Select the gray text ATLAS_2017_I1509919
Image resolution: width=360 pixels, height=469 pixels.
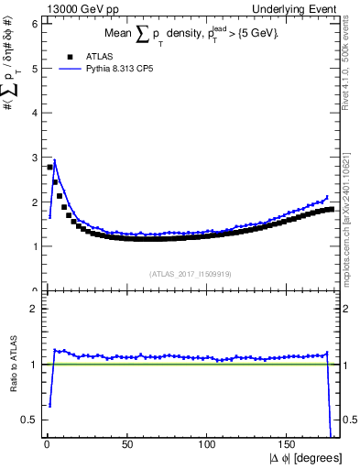click(x=190, y=273)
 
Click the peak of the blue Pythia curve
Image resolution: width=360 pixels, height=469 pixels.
click(x=54, y=160)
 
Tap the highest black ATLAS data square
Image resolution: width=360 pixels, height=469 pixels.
click(x=49, y=167)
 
